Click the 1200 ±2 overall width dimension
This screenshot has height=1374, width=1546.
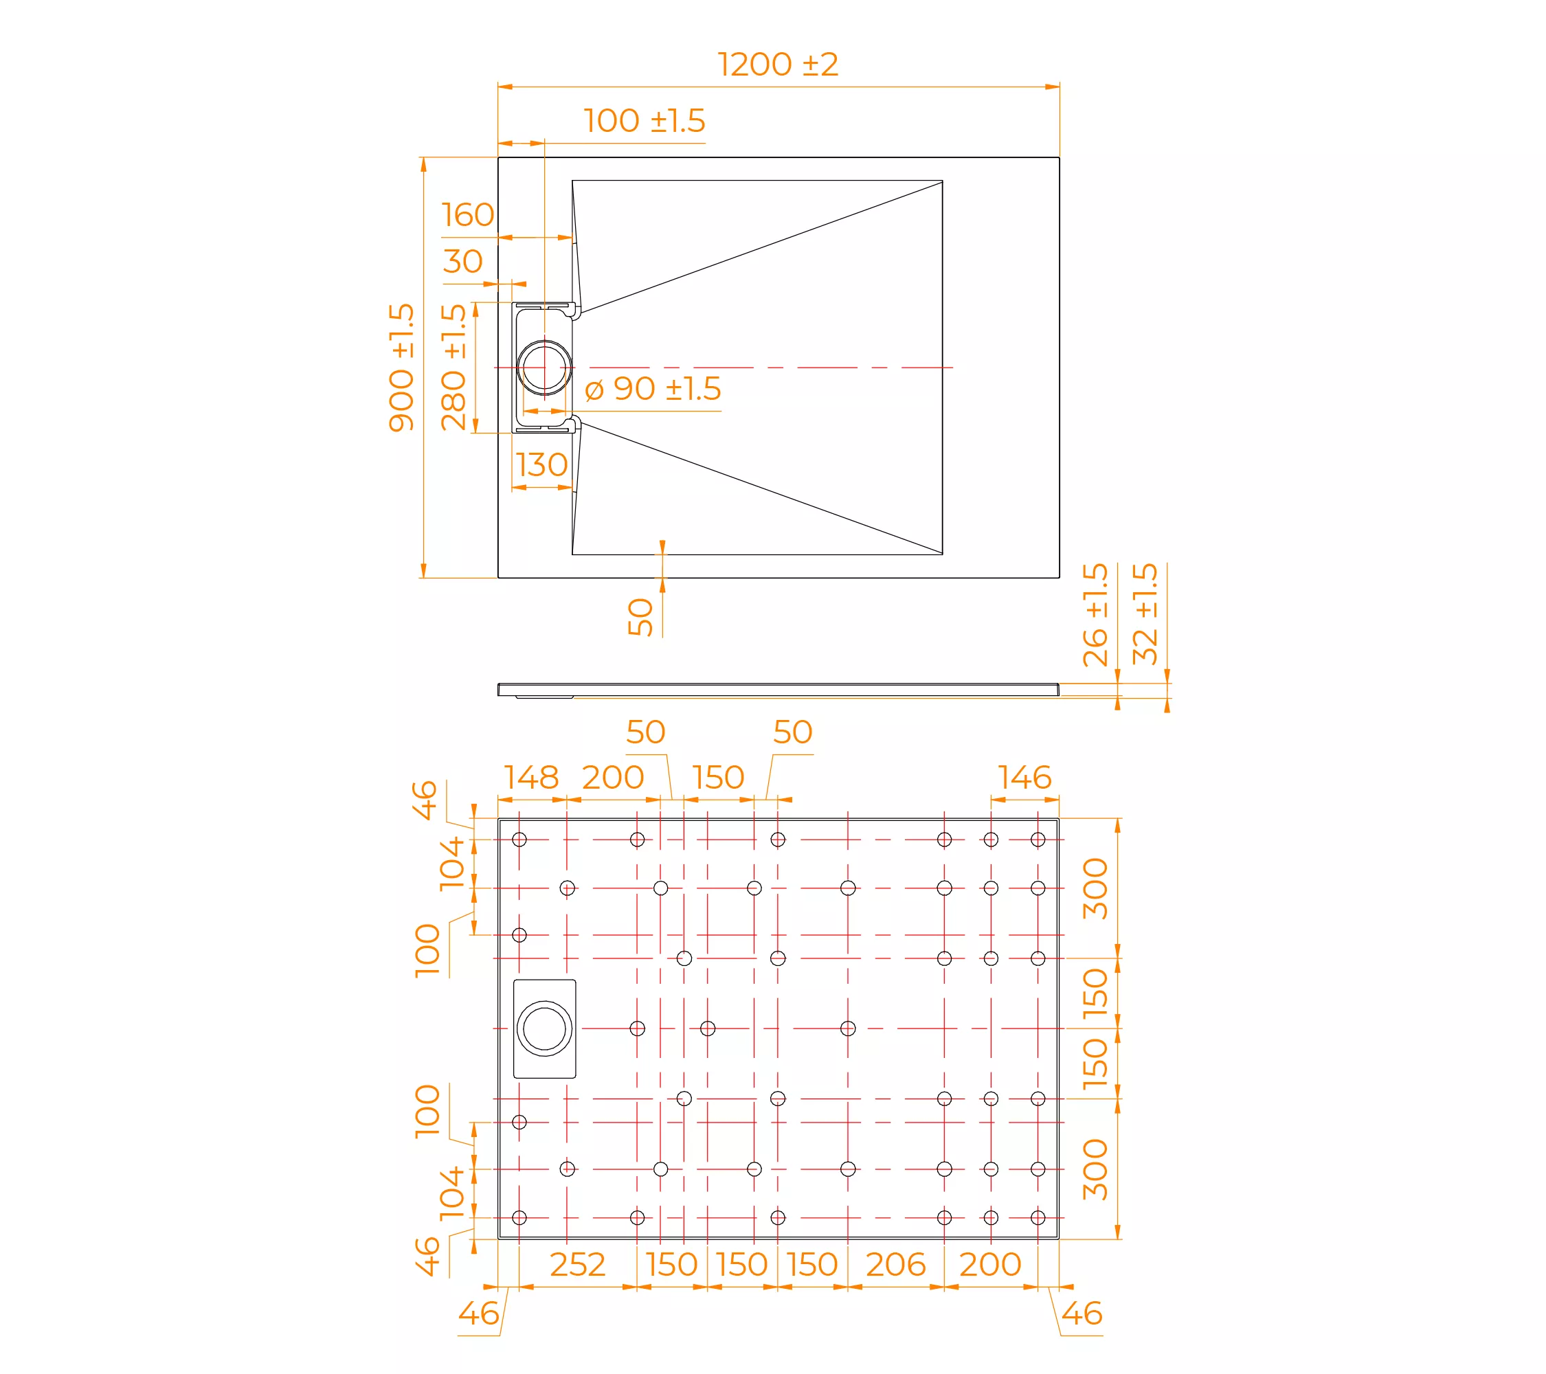click(778, 65)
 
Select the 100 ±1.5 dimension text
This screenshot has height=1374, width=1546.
click(645, 121)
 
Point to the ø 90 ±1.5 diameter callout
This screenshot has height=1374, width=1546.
click(653, 390)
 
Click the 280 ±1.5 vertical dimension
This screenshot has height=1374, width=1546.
click(453, 368)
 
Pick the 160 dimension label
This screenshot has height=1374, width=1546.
click(467, 215)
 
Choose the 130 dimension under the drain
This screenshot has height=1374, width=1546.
click(541, 465)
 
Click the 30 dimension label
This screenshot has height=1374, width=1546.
click(462, 262)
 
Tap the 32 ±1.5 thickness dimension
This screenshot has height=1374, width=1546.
click(1145, 613)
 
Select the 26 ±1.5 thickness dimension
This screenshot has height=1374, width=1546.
click(1095, 614)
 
